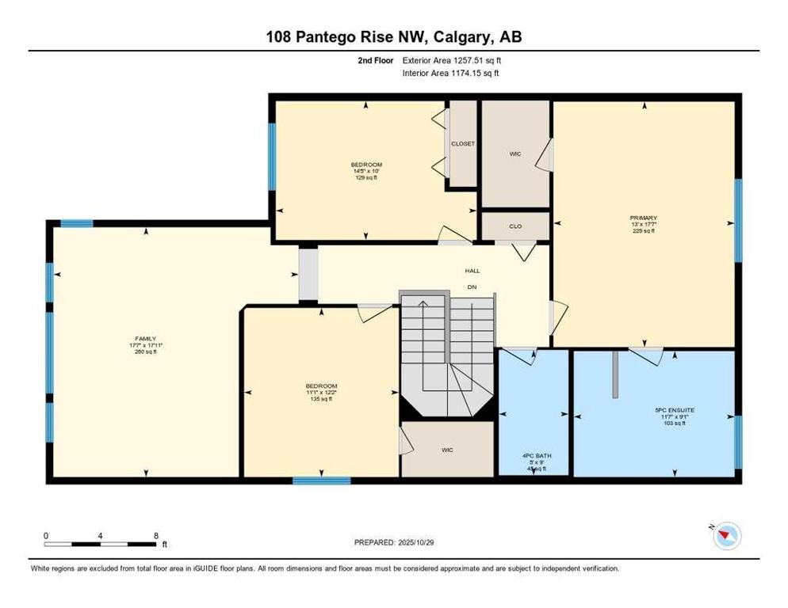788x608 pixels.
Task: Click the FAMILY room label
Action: tap(145, 339)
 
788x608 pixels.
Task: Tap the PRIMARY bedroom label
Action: tap(644, 218)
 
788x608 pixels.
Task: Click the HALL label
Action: tap(472, 271)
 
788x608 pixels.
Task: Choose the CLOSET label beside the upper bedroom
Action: tap(462, 144)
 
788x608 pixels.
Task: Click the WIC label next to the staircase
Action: tap(447, 450)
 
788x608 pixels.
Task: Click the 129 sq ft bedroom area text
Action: tap(365, 177)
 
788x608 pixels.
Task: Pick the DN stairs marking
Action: tap(472, 287)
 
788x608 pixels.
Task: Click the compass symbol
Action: tap(725, 537)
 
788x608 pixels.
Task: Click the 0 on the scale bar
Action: tap(46, 535)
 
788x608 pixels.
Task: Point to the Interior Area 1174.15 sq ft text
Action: tap(450, 73)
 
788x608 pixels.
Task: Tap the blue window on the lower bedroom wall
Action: tap(321, 481)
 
